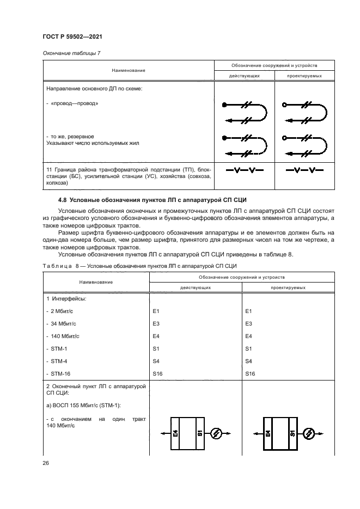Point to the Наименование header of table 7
tap(129, 70)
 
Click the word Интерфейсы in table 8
tap(69, 299)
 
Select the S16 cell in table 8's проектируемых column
tap(250, 373)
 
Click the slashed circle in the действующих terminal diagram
tap(216, 433)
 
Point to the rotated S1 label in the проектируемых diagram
tap(292, 434)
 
